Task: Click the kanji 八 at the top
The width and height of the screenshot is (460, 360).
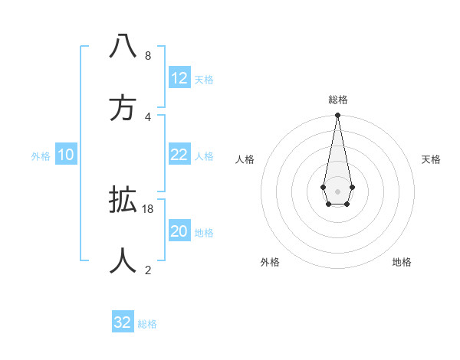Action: pos(123,47)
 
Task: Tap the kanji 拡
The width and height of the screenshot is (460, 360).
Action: pos(123,201)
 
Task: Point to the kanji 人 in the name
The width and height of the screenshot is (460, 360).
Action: pos(123,260)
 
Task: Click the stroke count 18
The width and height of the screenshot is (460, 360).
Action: pos(148,208)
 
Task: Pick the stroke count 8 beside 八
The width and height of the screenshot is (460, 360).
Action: pos(148,55)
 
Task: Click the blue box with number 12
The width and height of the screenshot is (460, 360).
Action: pos(179,78)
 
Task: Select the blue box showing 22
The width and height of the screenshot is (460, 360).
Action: pos(179,155)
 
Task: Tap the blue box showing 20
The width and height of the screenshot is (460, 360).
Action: pos(179,231)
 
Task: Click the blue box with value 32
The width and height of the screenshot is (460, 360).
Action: pos(123,322)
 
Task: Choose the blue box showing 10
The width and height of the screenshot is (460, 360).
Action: pos(66,155)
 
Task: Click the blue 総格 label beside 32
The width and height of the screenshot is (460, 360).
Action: pos(147,324)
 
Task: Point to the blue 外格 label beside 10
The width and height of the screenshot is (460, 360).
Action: pos(41,156)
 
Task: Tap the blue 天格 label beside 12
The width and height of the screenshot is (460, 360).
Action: pos(204,80)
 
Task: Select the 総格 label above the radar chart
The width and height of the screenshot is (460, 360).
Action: pos(338,100)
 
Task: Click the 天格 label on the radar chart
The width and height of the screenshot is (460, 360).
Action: pos(432,159)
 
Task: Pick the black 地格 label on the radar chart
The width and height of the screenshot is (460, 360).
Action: pos(402,262)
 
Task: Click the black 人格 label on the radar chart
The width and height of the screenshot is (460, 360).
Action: pos(245,159)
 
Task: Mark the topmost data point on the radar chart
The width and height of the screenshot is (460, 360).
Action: pos(337,116)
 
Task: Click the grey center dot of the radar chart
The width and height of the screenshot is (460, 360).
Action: pos(337,191)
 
